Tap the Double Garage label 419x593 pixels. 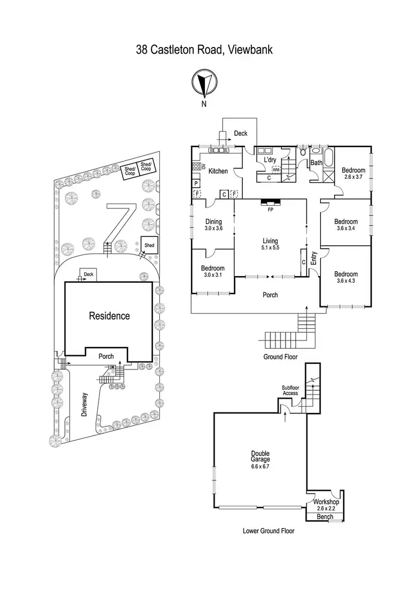(260, 458)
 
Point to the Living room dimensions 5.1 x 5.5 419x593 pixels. (270, 248)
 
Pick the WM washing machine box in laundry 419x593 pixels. (275, 169)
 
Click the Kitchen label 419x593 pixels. (218, 171)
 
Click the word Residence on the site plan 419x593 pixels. (109, 316)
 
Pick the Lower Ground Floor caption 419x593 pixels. (269, 531)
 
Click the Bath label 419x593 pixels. (316, 163)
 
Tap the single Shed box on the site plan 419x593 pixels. (149, 245)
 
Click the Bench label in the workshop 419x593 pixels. (325, 517)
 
